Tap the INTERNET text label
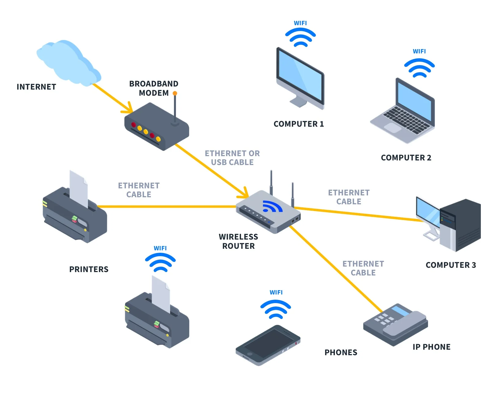coord(36,87)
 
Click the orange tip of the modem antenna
coord(175,93)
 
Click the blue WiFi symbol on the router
coord(272,207)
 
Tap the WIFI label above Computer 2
coord(419,52)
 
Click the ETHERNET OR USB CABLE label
coord(232,158)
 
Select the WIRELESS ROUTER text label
coord(238,241)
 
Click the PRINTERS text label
coord(89,269)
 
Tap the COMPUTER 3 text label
coord(450,265)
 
